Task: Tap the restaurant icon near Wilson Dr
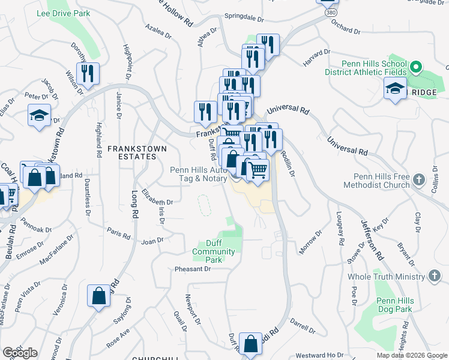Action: (x=88, y=74)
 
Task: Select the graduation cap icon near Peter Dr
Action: (x=39, y=116)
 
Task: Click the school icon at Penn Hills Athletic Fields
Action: (x=394, y=90)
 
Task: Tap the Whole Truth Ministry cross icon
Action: (x=434, y=276)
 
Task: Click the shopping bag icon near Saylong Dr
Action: (x=98, y=296)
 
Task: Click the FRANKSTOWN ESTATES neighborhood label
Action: (x=131, y=152)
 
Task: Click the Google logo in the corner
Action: (x=20, y=353)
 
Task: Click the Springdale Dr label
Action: (x=244, y=19)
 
